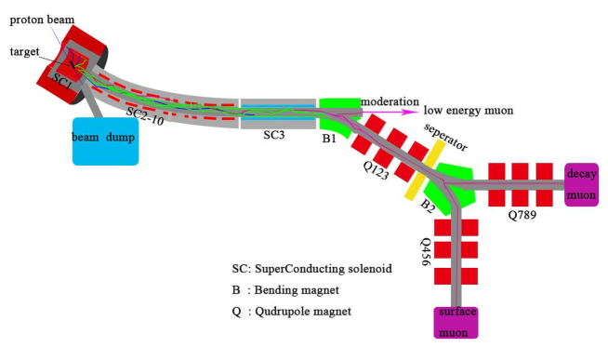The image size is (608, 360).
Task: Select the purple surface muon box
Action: tap(455, 322)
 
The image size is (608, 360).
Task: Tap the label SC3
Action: tap(273, 135)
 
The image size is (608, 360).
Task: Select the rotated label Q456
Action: tap(423, 250)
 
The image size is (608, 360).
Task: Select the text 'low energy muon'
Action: tap(468, 111)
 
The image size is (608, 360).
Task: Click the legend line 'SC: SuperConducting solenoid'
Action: tap(310, 268)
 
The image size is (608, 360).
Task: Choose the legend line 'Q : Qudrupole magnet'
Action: tap(291, 312)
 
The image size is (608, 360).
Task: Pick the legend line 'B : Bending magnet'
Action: tap(284, 289)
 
